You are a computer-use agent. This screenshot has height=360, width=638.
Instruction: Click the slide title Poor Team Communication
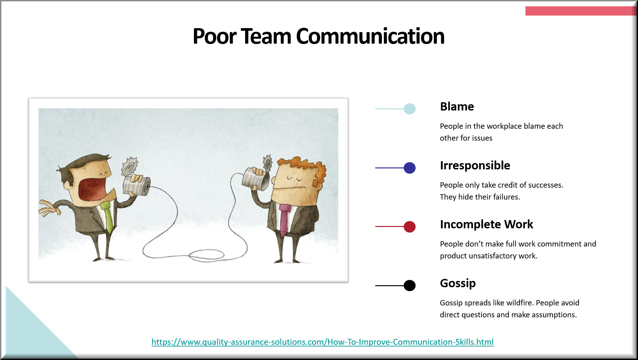(x=318, y=36)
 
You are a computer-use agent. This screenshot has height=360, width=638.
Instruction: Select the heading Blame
(x=457, y=107)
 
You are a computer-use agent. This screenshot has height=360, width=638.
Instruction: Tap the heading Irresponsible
(x=475, y=165)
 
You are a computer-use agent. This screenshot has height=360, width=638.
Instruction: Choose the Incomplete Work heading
(x=486, y=224)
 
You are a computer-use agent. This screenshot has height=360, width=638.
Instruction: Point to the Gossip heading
(x=458, y=284)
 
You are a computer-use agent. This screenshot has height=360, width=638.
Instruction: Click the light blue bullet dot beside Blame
(x=410, y=109)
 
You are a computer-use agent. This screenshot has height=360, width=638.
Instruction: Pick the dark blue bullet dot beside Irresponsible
(x=410, y=168)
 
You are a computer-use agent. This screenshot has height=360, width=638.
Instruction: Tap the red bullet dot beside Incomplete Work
(x=410, y=227)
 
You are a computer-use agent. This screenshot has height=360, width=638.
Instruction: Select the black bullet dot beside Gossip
(x=410, y=285)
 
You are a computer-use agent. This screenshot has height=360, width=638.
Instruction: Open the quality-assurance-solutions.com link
(x=323, y=342)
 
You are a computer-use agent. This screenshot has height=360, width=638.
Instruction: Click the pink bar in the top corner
(x=580, y=11)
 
